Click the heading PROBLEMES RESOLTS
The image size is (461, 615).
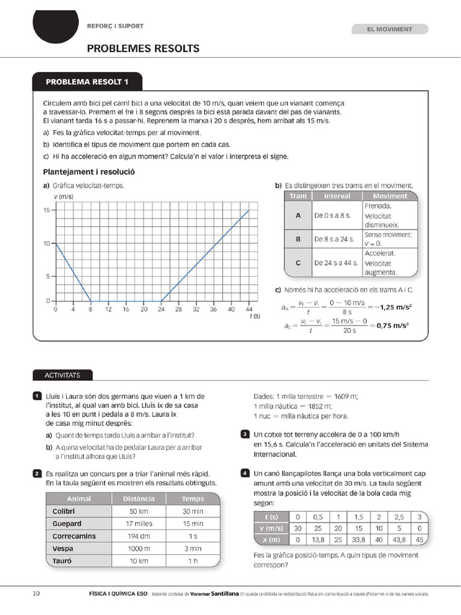click(x=143, y=48)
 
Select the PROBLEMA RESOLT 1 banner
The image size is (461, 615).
click(x=87, y=82)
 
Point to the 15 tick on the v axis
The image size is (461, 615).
click(x=46, y=210)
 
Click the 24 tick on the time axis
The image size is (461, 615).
click(x=161, y=310)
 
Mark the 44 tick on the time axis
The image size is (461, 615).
click(x=249, y=310)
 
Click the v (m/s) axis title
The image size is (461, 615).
click(x=63, y=196)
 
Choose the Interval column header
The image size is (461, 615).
click(x=337, y=196)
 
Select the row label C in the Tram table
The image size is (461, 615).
click(x=298, y=263)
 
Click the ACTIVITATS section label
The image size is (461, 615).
click(x=62, y=375)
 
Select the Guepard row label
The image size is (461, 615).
click(x=63, y=524)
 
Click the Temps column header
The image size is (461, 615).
click(x=193, y=498)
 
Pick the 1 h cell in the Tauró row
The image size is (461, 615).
click(x=193, y=561)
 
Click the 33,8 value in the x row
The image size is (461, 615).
click(x=360, y=539)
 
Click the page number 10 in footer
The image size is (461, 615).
click(x=36, y=594)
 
